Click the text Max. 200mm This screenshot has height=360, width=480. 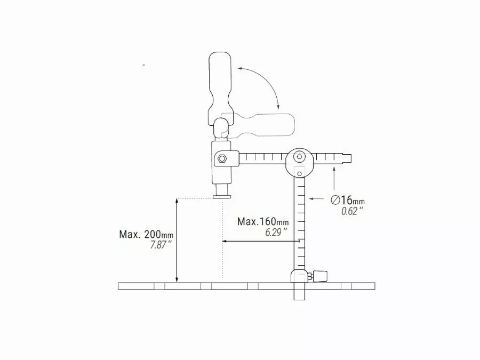pyautogui.click(x=146, y=235)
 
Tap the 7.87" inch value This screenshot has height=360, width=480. pyautogui.click(x=161, y=245)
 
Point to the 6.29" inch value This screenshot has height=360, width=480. pyautogui.click(x=276, y=232)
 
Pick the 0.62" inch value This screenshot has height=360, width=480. pyautogui.click(x=352, y=211)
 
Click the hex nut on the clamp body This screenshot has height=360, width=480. pyautogui.click(x=222, y=158)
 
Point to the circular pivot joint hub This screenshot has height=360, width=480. pyautogui.click(x=299, y=158)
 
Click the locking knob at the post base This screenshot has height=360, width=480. pyautogui.click(x=321, y=276)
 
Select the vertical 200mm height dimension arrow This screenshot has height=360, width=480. pyautogui.click(x=177, y=240)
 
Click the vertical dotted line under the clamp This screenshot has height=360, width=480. pyautogui.click(x=222, y=240)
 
